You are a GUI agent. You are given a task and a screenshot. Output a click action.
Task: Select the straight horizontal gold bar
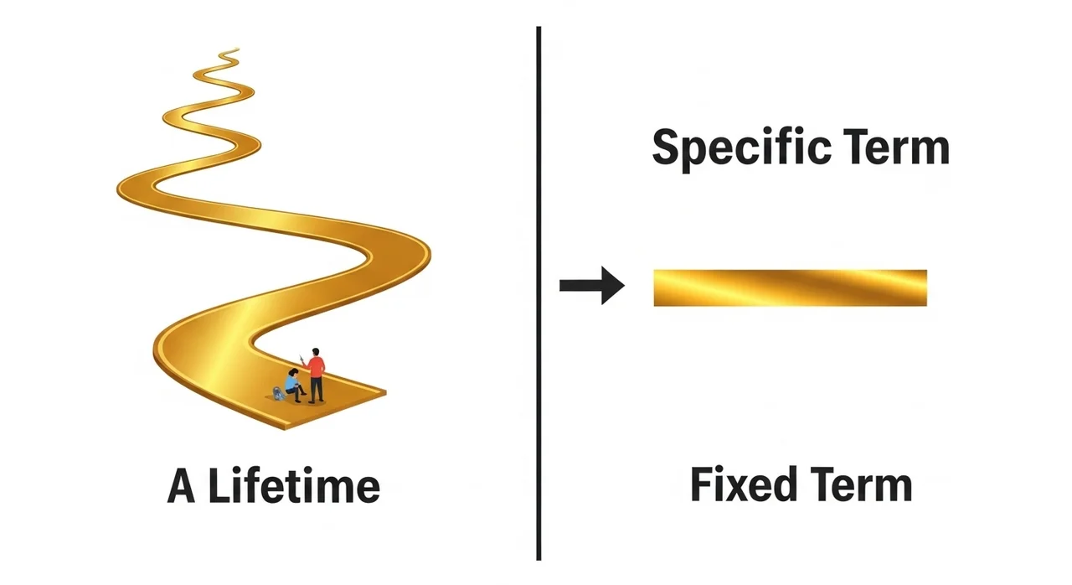pos(790,287)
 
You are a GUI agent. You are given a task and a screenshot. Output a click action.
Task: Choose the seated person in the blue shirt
pos(292,384)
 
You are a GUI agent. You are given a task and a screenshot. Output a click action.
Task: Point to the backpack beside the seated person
pos(278,392)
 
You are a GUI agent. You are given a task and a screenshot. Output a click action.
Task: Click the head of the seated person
pos(294,371)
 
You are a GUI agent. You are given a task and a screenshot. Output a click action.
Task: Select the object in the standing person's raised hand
pos(301,358)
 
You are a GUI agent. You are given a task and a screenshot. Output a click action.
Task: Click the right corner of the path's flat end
pos(384,391)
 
